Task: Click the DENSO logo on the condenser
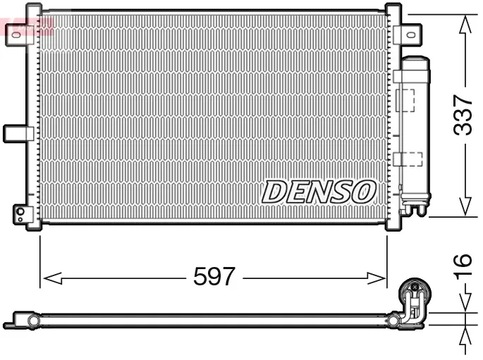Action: click(x=319, y=191)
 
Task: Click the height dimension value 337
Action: click(x=463, y=115)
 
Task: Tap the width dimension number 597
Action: click(x=214, y=277)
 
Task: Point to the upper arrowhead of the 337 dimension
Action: click(x=465, y=24)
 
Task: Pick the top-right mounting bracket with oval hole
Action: click(x=408, y=33)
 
